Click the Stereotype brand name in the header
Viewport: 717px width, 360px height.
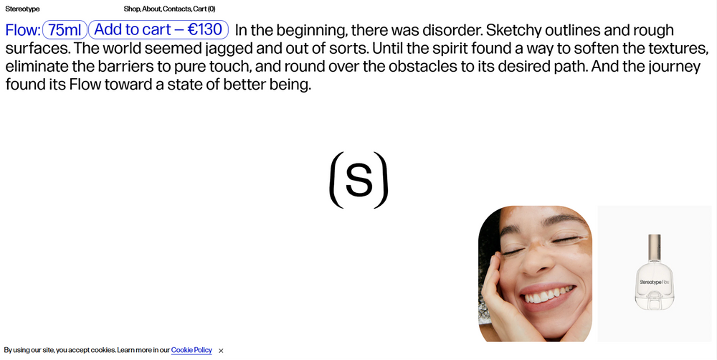click(22, 9)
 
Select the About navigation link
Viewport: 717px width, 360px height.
click(151, 9)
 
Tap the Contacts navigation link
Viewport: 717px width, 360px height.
click(177, 9)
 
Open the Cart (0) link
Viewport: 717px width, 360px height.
click(204, 9)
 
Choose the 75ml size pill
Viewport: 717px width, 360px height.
click(65, 29)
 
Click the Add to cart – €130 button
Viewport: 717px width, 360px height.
click(158, 29)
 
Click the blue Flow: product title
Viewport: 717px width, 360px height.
click(23, 30)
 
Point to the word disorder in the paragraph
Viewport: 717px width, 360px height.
click(452, 30)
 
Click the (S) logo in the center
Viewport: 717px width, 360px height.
click(359, 180)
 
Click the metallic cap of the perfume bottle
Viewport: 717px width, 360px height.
click(655, 248)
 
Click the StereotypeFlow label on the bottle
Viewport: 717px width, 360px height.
click(655, 283)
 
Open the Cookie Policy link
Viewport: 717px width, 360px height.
click(191, 350)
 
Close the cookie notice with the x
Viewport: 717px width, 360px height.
click(221, 351)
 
